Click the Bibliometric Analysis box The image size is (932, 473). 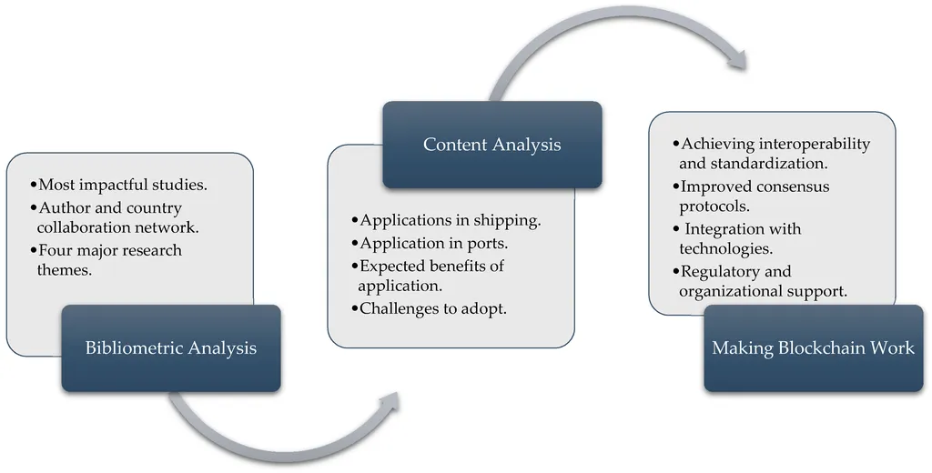(171, 348)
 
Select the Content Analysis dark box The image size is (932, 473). (492, 145)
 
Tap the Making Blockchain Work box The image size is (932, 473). (813, 348)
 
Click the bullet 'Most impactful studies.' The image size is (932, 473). (119, 185)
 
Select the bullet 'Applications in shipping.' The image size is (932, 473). (446, 220)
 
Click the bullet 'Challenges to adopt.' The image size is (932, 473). (430, 308)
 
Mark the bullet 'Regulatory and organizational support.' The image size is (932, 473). (760, 281)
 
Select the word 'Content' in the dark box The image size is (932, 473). (454, 145)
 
